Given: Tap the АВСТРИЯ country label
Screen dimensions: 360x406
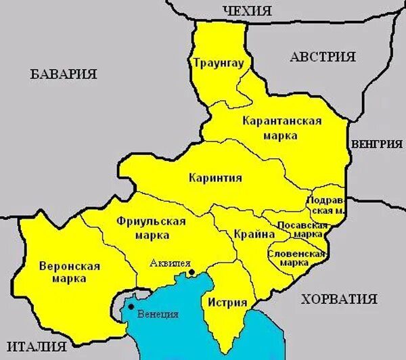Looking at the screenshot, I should (x=323, y=57).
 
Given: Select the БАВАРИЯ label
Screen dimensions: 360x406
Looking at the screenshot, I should (x=64, y=74).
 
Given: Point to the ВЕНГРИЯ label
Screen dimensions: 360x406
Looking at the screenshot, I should (x=376, y=143).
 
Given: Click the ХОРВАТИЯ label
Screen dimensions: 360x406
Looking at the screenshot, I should (x=339, y=298).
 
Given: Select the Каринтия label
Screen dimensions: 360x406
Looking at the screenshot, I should (x=215, y=178).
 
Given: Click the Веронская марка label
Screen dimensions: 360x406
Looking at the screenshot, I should (x=70, y=271).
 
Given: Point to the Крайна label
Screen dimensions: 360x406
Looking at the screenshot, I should (x=254, y=233).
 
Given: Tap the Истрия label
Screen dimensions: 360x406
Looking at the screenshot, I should (x=227, y=302).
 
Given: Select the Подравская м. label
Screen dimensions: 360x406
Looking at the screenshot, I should (x=326, y=205).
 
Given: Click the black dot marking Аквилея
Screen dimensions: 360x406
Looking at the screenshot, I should (x=191, y=273).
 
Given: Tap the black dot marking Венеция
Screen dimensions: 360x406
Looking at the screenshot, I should (x=131, y=307).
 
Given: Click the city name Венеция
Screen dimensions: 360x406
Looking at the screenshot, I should (x=157, y=315).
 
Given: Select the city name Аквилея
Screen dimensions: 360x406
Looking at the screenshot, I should (x=171, y=264).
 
